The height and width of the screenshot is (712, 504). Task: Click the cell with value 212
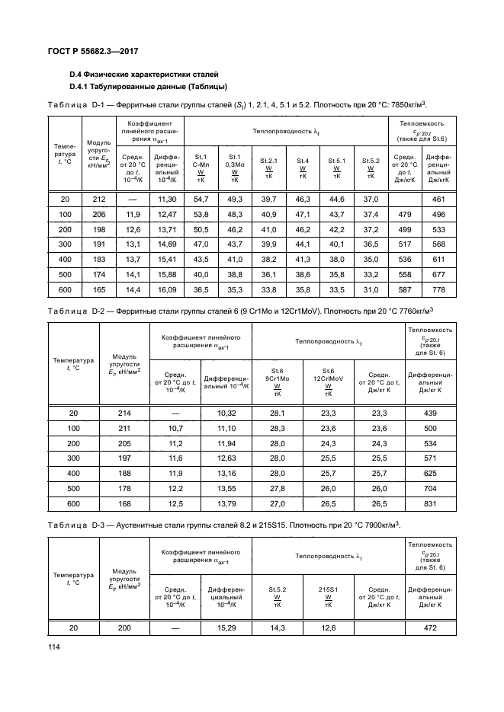98,199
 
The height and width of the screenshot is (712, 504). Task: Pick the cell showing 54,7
201,199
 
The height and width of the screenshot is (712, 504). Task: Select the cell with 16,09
166,290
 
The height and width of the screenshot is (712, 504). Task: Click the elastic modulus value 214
124,413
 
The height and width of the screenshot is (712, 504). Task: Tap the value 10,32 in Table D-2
226,413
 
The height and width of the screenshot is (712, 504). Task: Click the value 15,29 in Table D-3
226,627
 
